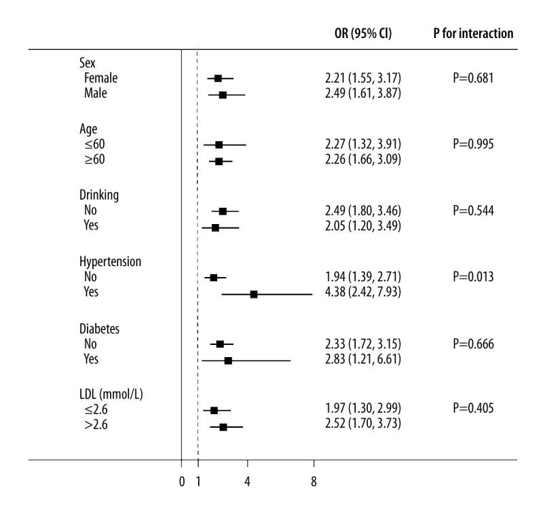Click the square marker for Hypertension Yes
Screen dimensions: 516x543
[254, 294]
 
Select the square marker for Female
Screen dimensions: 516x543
[218, 78]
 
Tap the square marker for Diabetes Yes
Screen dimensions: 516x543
[228, 361]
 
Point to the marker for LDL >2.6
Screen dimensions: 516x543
[223, 427]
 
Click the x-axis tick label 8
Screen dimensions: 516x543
[314, 482]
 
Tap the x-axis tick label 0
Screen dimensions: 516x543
[182, 482]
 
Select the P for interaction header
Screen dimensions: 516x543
[472, 33]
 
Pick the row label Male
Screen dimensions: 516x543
[96, 94]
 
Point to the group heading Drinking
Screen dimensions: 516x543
[100, 195]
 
